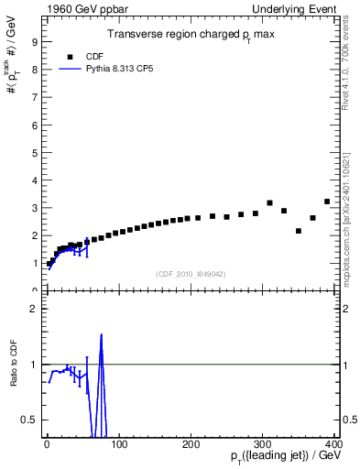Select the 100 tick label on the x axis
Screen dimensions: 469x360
[118, 444]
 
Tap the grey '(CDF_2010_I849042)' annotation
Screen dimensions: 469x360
[190, 274]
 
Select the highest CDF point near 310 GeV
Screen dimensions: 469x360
[269, 202]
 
